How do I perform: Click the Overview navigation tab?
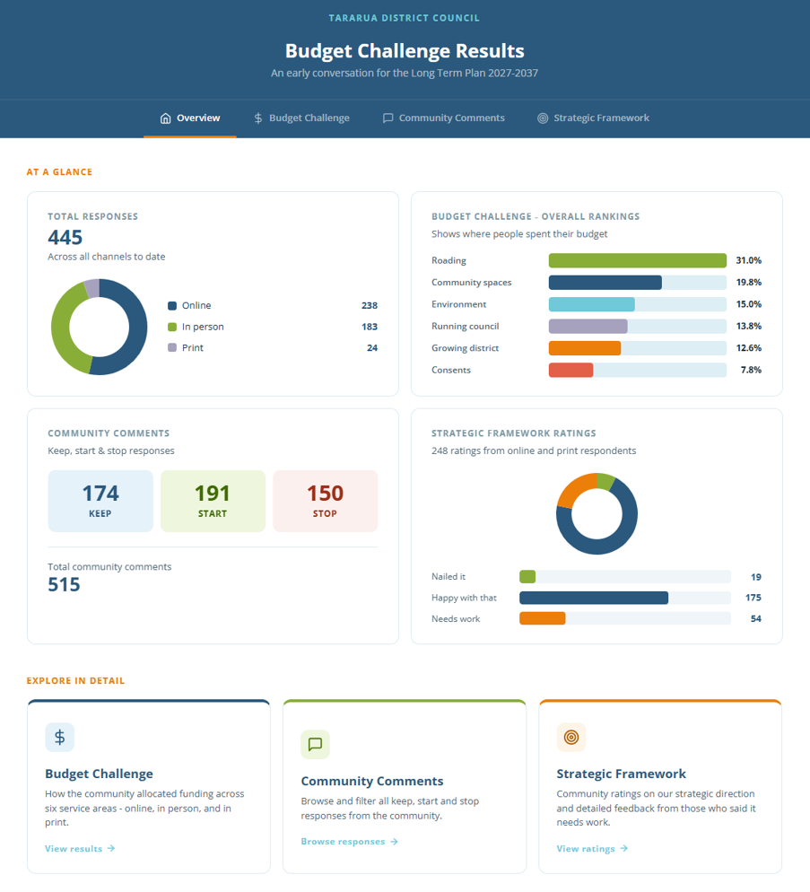click(x=190, y=118)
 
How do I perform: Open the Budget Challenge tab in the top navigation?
click(x=301, y=118)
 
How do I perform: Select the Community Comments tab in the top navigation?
click(x=444, y=118)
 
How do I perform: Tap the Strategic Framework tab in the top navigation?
click(x=593, y=118)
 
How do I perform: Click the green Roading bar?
click(x=637, y=260)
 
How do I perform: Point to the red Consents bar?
click(x=570, y=371)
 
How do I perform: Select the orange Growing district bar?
click(x=584, y=348)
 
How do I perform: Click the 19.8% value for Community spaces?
click(x=749, y=282)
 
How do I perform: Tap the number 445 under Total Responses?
click(x=65, y=237)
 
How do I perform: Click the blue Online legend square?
click(x=172, y=305)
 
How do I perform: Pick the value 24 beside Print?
click(x=372, y=347)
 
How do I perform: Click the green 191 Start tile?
click(x=213, y=501)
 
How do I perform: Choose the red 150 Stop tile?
click(x=326, y=501)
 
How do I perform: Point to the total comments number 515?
click(x=64, y=585)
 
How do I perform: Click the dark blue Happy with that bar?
click(x=594, y=598)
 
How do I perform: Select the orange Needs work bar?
click(x=542, y=618)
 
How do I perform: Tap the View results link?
click(x=80, y=849)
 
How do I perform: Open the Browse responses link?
click(x=349, y=842)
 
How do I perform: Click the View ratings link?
click(x=592, y=849)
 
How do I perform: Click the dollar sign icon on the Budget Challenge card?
click(x=60, y=738)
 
